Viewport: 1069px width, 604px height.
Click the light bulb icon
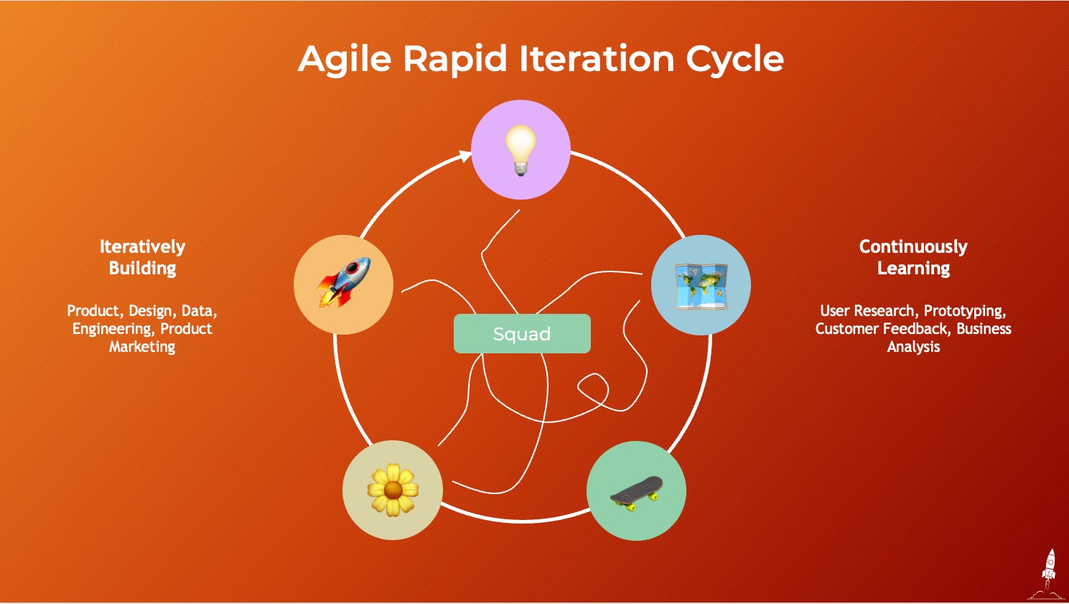[520, 149]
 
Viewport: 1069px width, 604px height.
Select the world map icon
[701, 286]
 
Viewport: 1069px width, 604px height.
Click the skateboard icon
[636, 491]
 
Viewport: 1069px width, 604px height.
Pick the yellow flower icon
[392, 490]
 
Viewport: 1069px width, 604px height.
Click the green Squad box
[522, 334]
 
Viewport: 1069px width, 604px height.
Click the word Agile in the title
[345, 60]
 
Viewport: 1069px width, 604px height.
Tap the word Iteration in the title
[596, 58]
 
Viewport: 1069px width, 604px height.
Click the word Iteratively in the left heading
[142, 247]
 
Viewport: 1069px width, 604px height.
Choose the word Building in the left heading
[142, 269]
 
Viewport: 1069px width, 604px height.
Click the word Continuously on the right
[913, 247]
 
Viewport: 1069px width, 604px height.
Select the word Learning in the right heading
[913, 269]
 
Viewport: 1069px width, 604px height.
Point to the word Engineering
[112, 329]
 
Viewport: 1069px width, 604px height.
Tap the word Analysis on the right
[913, 347]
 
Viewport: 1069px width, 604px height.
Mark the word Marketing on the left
[142, 347]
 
